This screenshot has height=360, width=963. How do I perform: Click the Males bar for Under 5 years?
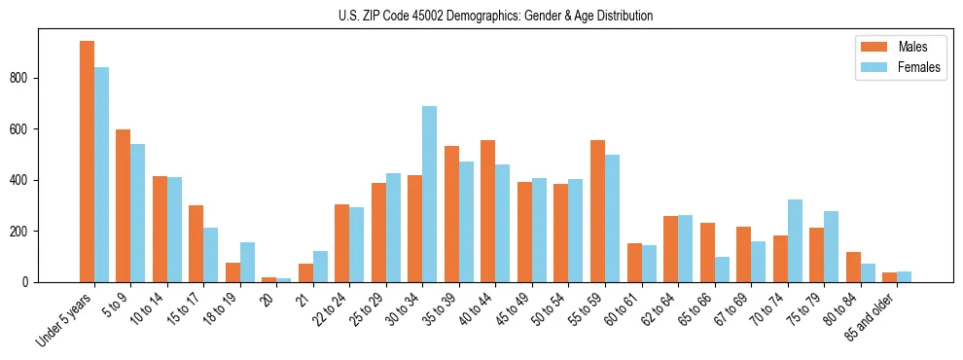pos(87,162)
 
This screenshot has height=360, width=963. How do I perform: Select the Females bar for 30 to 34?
pos(430,195)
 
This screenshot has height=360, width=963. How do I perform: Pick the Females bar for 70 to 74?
pos(796,241)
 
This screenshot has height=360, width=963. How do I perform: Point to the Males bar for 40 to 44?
pos(488,211)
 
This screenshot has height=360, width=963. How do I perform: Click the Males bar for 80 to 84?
pos(854,268)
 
